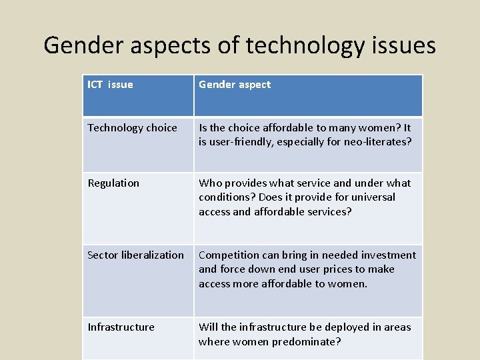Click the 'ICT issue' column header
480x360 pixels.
tap(110, 85)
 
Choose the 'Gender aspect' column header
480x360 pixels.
tap(235, 85)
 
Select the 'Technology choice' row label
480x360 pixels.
tap(132, 128)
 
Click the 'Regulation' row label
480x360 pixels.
tap(113, 183)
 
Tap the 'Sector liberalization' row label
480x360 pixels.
tap(135, 255)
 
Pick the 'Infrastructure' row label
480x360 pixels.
tap(121, 327)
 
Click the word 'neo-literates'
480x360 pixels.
tap(376, 142)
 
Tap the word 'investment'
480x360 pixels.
tap(388, 255)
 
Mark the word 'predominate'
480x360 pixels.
tap(306, 342)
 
